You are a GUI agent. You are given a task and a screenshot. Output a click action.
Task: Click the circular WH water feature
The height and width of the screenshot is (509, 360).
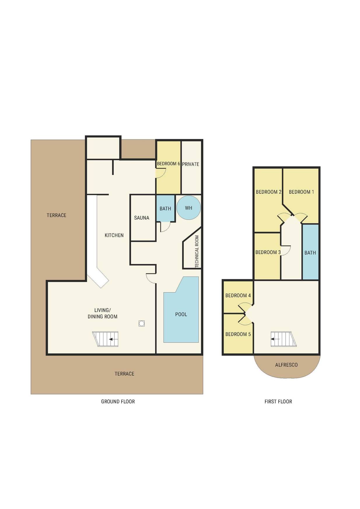coord(188,207)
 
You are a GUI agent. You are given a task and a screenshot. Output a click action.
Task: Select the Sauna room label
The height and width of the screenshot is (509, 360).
coord(141,218)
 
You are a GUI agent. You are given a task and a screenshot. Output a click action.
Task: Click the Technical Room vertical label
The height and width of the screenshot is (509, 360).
coord(197,251)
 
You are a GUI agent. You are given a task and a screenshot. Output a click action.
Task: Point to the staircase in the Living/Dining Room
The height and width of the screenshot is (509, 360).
coord(105,339)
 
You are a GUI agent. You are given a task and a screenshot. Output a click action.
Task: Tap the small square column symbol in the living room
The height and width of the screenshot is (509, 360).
coord(141,323)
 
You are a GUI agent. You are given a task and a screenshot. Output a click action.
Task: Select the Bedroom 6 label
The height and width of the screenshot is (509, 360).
coord(168,164)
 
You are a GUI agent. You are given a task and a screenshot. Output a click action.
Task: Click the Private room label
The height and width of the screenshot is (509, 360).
coord(191,164)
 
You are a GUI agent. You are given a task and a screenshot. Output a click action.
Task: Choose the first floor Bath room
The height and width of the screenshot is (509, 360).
coord(310,252)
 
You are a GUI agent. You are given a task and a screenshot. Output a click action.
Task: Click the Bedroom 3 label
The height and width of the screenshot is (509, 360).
coord(268,252)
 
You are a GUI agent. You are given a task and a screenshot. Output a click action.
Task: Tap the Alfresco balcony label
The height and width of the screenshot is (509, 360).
coord(286,365)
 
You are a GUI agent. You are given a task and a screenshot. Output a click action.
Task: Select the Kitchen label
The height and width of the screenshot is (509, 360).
coord(114,235)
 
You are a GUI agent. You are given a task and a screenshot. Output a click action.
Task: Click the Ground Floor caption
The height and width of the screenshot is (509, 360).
coord(118,401)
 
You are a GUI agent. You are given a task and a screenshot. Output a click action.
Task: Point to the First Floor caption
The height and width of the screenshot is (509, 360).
coord(278,401)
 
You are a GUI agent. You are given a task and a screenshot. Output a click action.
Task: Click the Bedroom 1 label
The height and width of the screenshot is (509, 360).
coord(301,192)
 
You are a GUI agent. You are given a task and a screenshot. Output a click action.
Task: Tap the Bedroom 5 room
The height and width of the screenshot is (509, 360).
coord(238,334)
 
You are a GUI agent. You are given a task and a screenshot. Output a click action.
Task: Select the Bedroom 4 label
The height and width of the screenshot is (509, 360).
coord(238,295)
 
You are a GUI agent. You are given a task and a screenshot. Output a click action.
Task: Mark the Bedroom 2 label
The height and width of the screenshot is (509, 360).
coord(268,192)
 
